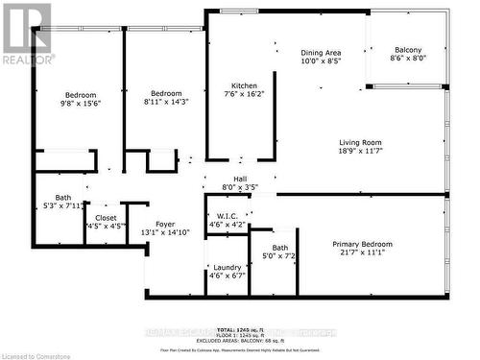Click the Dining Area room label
[321, 53]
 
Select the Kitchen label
[243, 85]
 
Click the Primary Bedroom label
[363, 245]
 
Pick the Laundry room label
[227, 268]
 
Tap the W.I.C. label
[228, 216]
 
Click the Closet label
[106, 218]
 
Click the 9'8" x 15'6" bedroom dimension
[81, 105]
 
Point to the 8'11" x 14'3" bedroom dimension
[159, 102]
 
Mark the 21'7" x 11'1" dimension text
[363, 254]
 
